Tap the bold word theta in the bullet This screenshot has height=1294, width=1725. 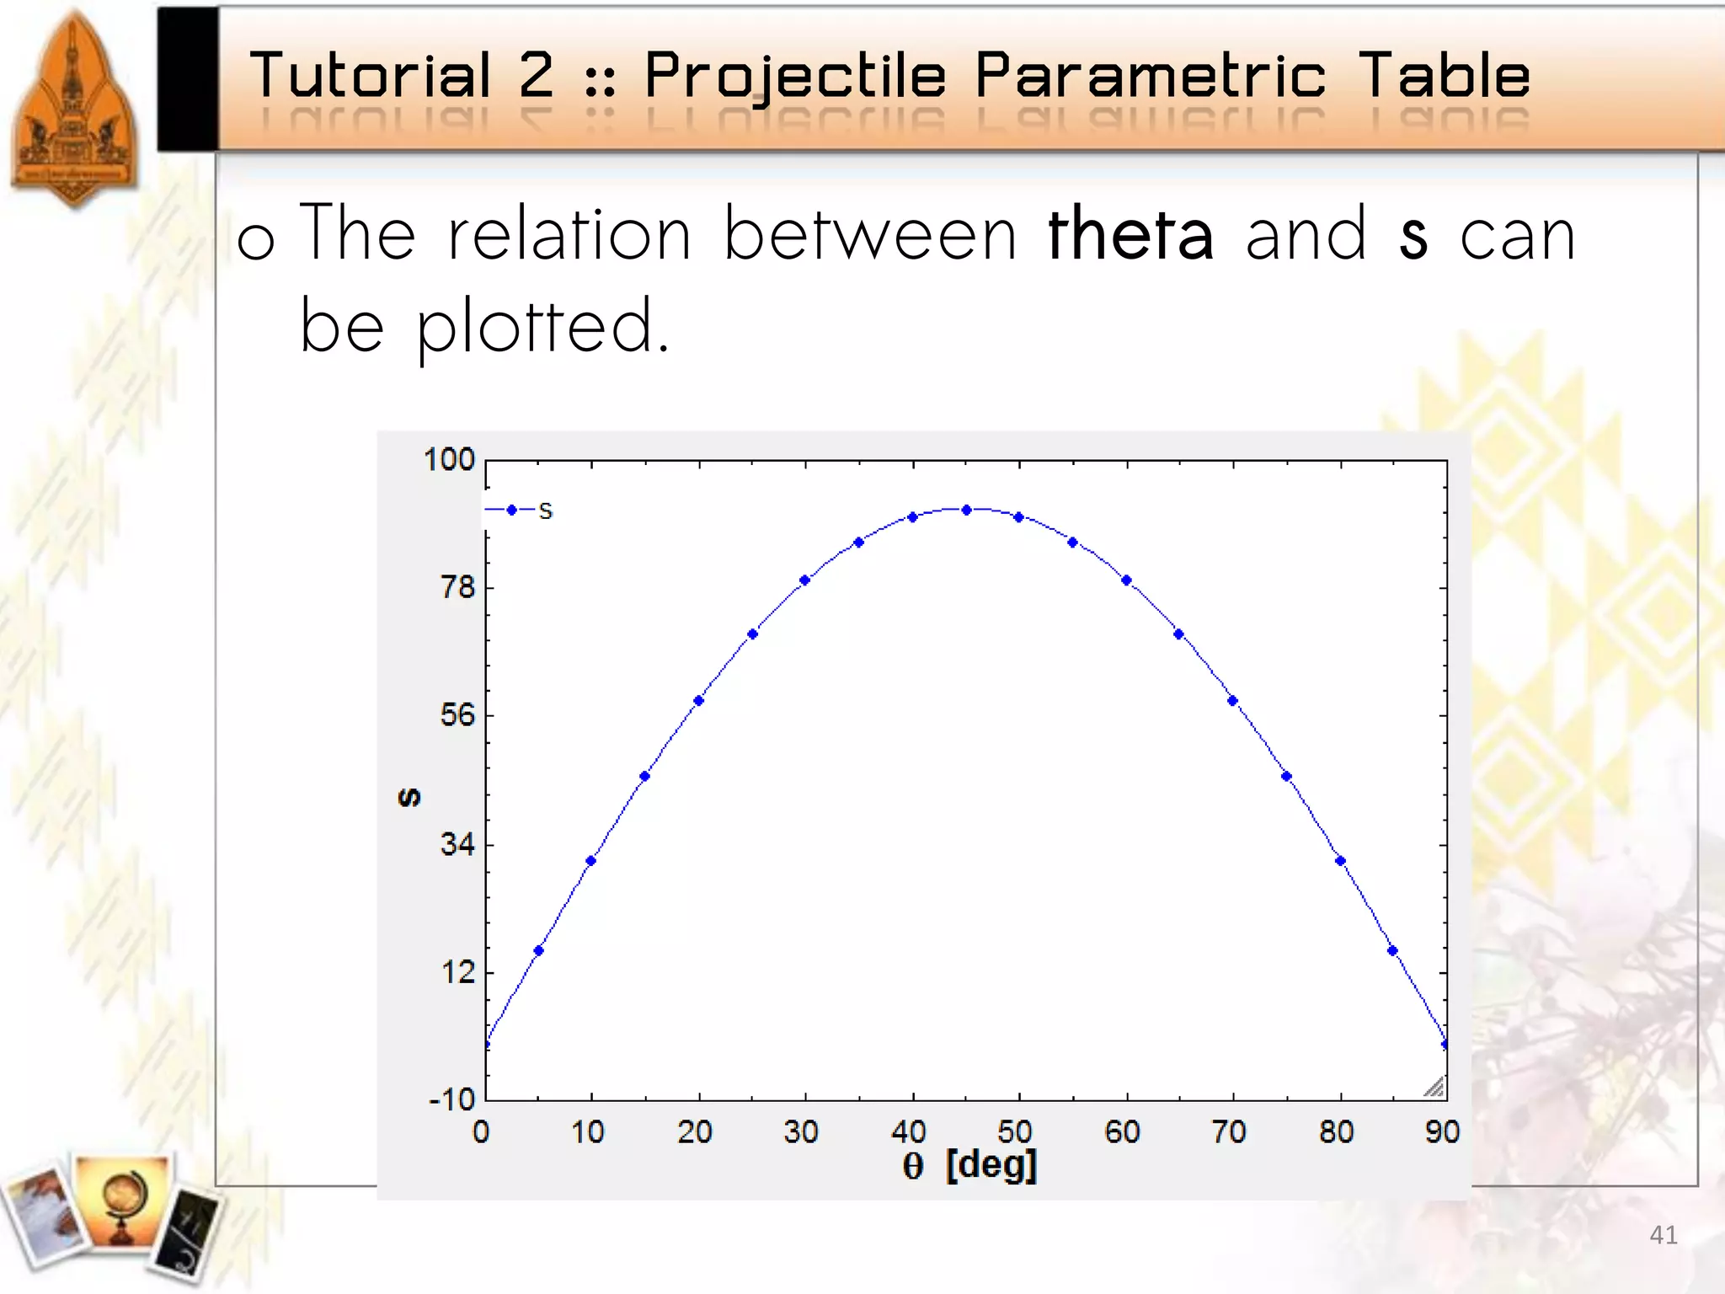(x=1130, y=235)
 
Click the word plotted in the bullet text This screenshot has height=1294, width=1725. (x=542, y=327)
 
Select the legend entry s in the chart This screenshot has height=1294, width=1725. (x=545, y=511)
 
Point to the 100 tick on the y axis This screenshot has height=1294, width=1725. (x=449, y=460)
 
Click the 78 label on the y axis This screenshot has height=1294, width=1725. (x=457, y=587)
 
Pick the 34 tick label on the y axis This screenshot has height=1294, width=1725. (x=457, y=844)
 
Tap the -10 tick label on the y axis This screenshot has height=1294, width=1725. (x=452, y=1099)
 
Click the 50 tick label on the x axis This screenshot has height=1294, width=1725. (x=1014, y=1131)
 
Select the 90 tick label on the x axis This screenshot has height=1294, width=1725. (x=1442, y=1131)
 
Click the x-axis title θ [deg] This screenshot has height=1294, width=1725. (x=969, y=1166)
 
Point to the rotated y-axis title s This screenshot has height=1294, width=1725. (x=409, y=797)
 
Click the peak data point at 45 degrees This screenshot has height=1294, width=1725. (x=966, y=511)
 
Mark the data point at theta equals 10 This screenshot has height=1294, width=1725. (x=590, y=861)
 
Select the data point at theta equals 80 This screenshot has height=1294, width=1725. (x=1340, y=861)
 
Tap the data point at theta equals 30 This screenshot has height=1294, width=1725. (x=804, y=580)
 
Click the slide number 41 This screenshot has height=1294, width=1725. (x=1663, y=1235)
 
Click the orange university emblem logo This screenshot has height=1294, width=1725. (x=74, y=110)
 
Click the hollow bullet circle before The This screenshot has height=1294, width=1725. (x=256, y=242)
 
